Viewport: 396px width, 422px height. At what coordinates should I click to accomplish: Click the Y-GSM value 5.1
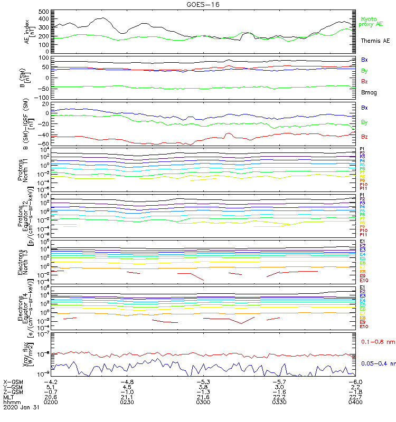[x=51, y=387]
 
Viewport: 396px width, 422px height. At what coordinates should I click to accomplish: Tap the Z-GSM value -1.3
[x=203, y=392]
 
